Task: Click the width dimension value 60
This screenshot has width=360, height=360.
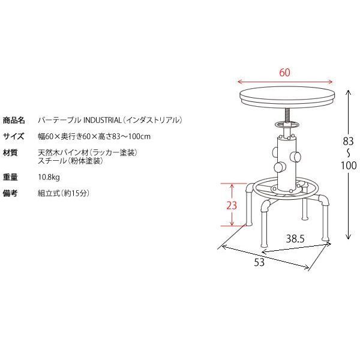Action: [x=285, y=73]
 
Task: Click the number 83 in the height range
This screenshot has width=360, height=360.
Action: [x=347, y=141]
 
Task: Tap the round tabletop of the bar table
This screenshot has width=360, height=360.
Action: [x=286, y=96]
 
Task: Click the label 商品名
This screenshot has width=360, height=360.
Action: [x=14, y=120]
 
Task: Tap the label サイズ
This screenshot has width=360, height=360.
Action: [x=13, y=136]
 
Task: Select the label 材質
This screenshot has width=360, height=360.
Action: [x=10, y=152]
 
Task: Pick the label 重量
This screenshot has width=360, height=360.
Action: [x=10, y=178]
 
